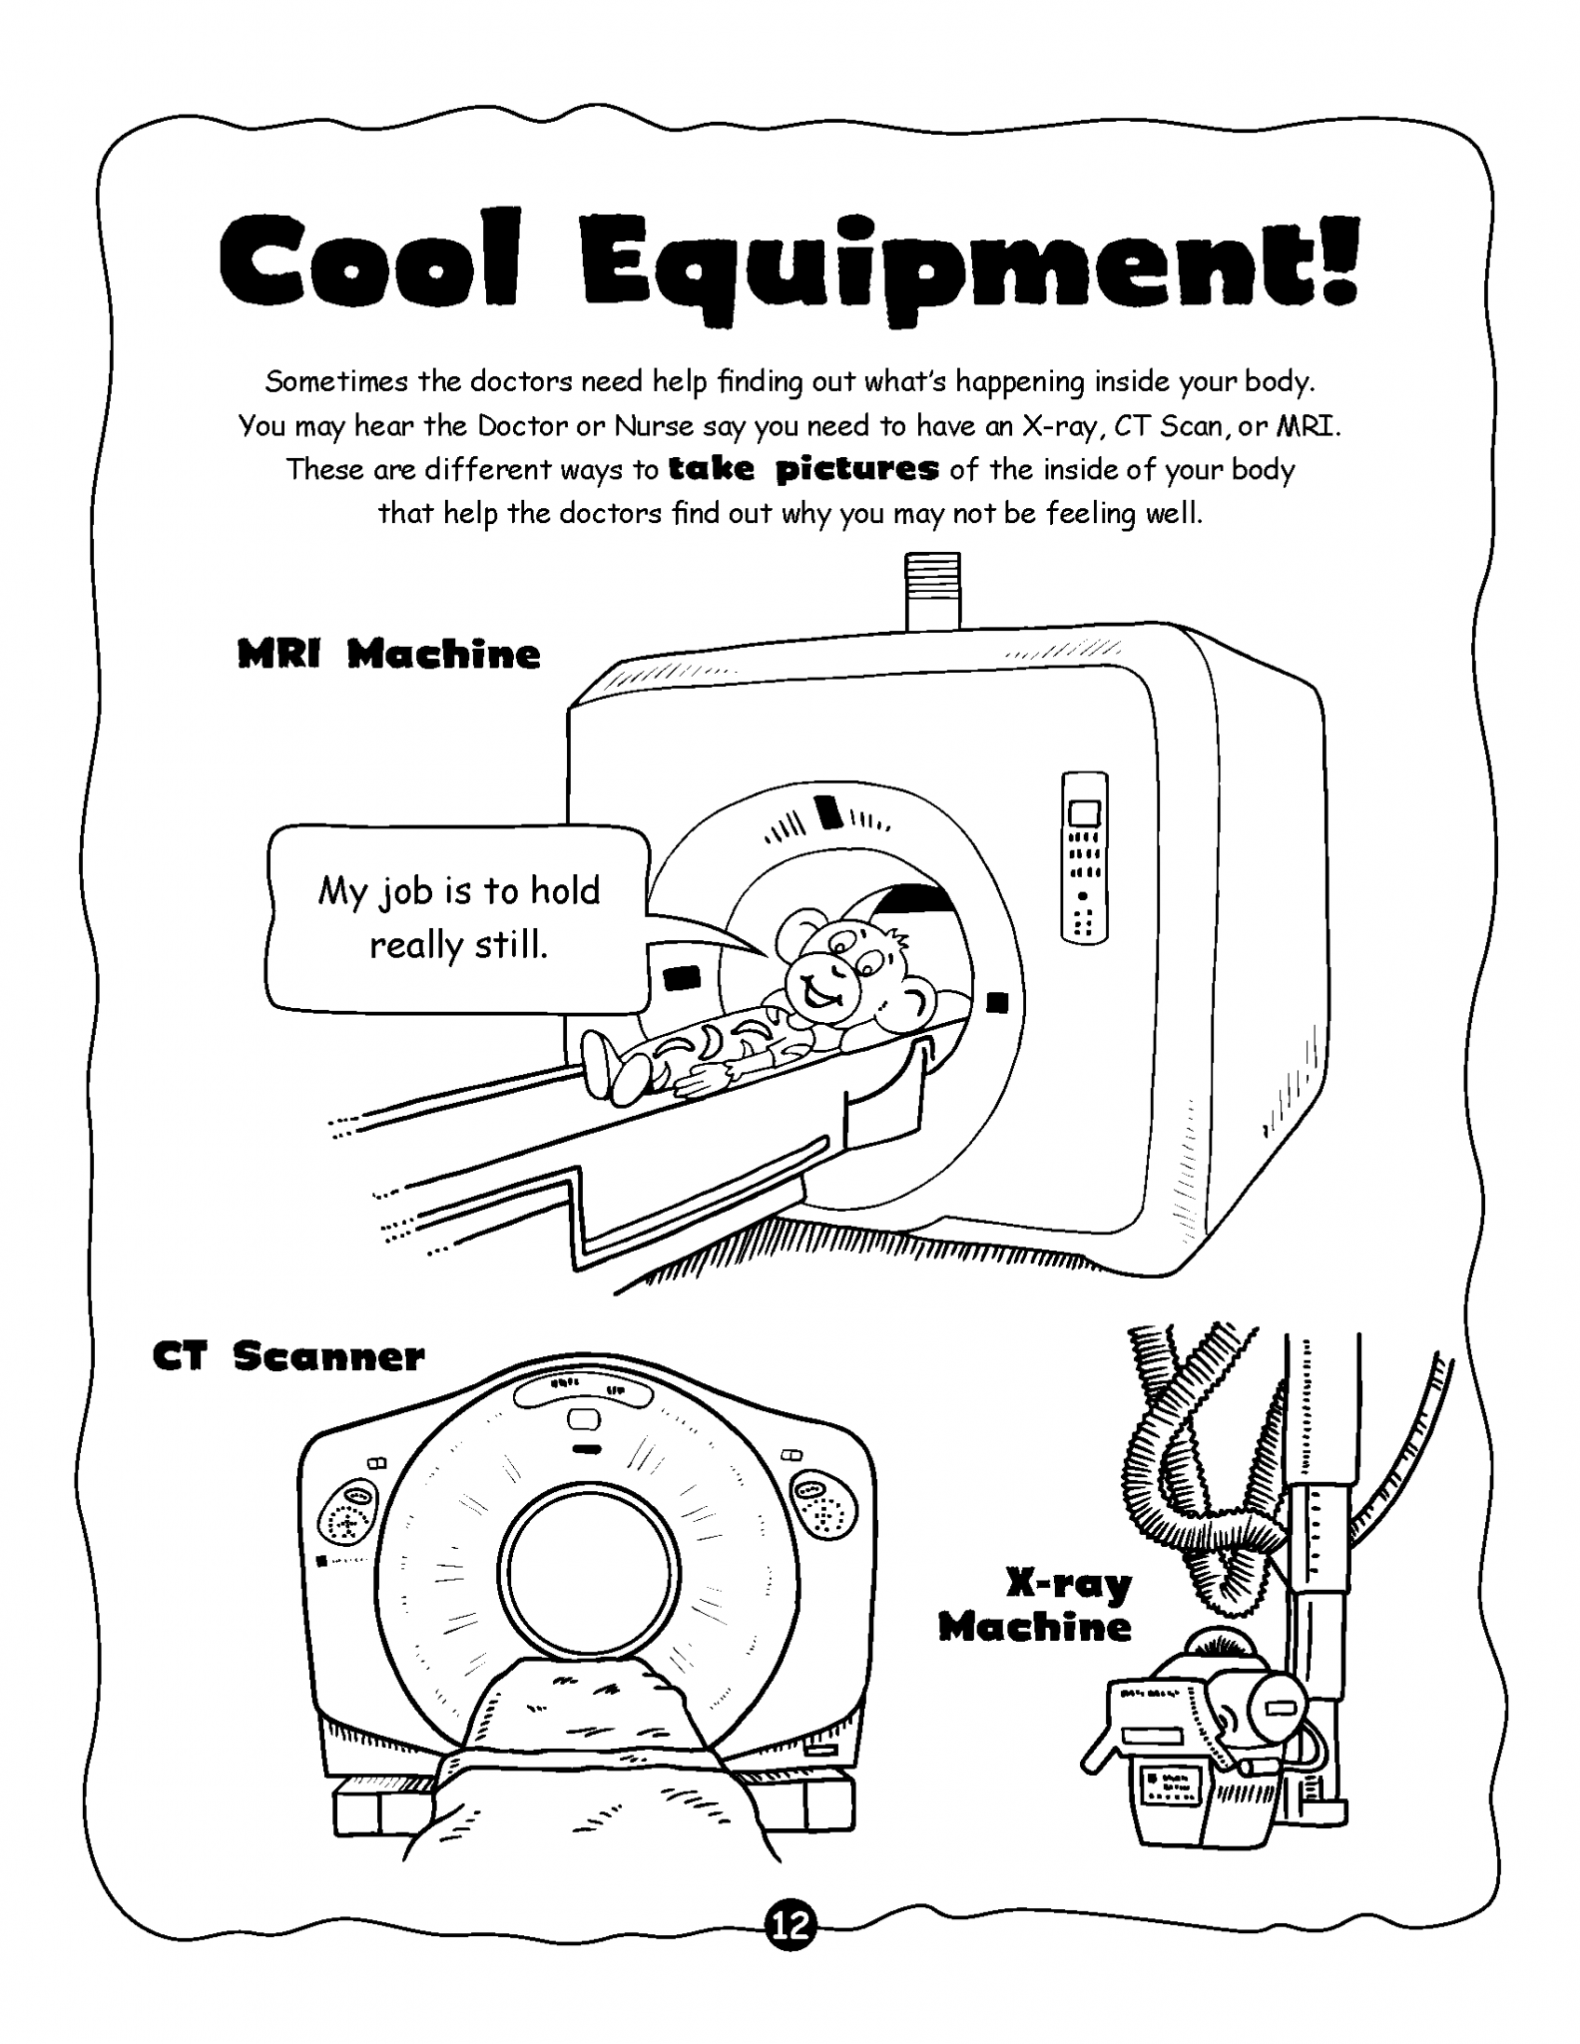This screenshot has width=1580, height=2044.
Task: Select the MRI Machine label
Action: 389,655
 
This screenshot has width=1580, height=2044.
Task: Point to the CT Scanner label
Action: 288,1356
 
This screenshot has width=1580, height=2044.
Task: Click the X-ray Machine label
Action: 1036,1605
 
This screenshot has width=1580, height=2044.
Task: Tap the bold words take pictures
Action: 803,468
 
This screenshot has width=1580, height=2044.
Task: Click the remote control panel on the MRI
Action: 1085,857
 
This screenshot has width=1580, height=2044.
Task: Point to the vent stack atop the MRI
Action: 932,592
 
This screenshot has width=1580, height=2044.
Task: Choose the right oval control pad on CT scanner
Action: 824,1507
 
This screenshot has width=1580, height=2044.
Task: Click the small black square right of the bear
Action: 997,1002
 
